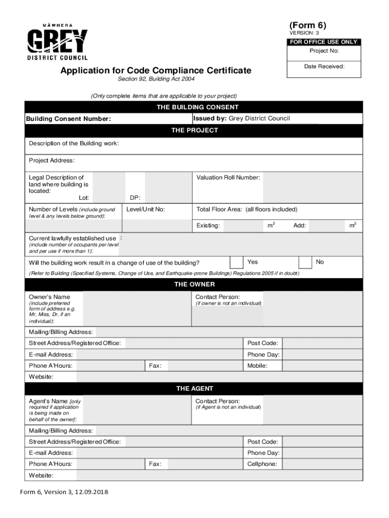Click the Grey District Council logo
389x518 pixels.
tap(57, 42)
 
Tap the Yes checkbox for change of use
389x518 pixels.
tap(236, 262)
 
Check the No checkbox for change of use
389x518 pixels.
tap(305, 262)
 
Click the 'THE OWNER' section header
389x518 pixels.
tap(194, 284)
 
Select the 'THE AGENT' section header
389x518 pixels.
tap(194, 388)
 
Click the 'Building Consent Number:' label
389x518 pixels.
tap(69, 119)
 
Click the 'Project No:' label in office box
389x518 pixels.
tap(324, 51)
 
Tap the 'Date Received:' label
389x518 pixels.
tap(324, 66)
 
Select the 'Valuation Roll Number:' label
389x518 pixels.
tap(228, 178)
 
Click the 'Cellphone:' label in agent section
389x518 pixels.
tap(262, 464)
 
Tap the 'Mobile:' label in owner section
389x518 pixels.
tap(257, 365)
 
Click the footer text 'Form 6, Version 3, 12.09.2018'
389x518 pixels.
tap(64, 492)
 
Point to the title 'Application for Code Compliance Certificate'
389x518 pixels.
tap(156, 70)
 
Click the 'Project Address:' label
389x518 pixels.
tap(52, 160)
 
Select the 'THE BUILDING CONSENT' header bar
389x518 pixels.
tap(194, 107)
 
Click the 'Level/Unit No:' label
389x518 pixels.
tap(145, 209)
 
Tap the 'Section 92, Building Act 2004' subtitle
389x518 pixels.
tap(156, 79)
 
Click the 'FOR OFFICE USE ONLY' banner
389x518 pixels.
tap(324, 42)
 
